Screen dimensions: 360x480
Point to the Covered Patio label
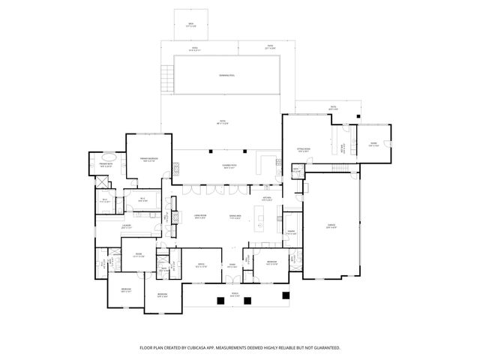pos(229,166)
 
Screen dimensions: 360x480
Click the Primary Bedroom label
pos(148,160)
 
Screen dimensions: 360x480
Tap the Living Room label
pos(199,216)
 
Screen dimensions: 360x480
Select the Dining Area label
pos(235,216)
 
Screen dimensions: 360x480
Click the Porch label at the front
pos(235,294)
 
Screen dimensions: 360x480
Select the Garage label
pos(331,226)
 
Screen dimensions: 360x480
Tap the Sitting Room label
pos(303,150)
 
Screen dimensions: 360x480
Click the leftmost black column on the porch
pos(220,300)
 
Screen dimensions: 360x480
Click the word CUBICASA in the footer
pos(212,348)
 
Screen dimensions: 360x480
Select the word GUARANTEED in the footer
pos(324,348)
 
